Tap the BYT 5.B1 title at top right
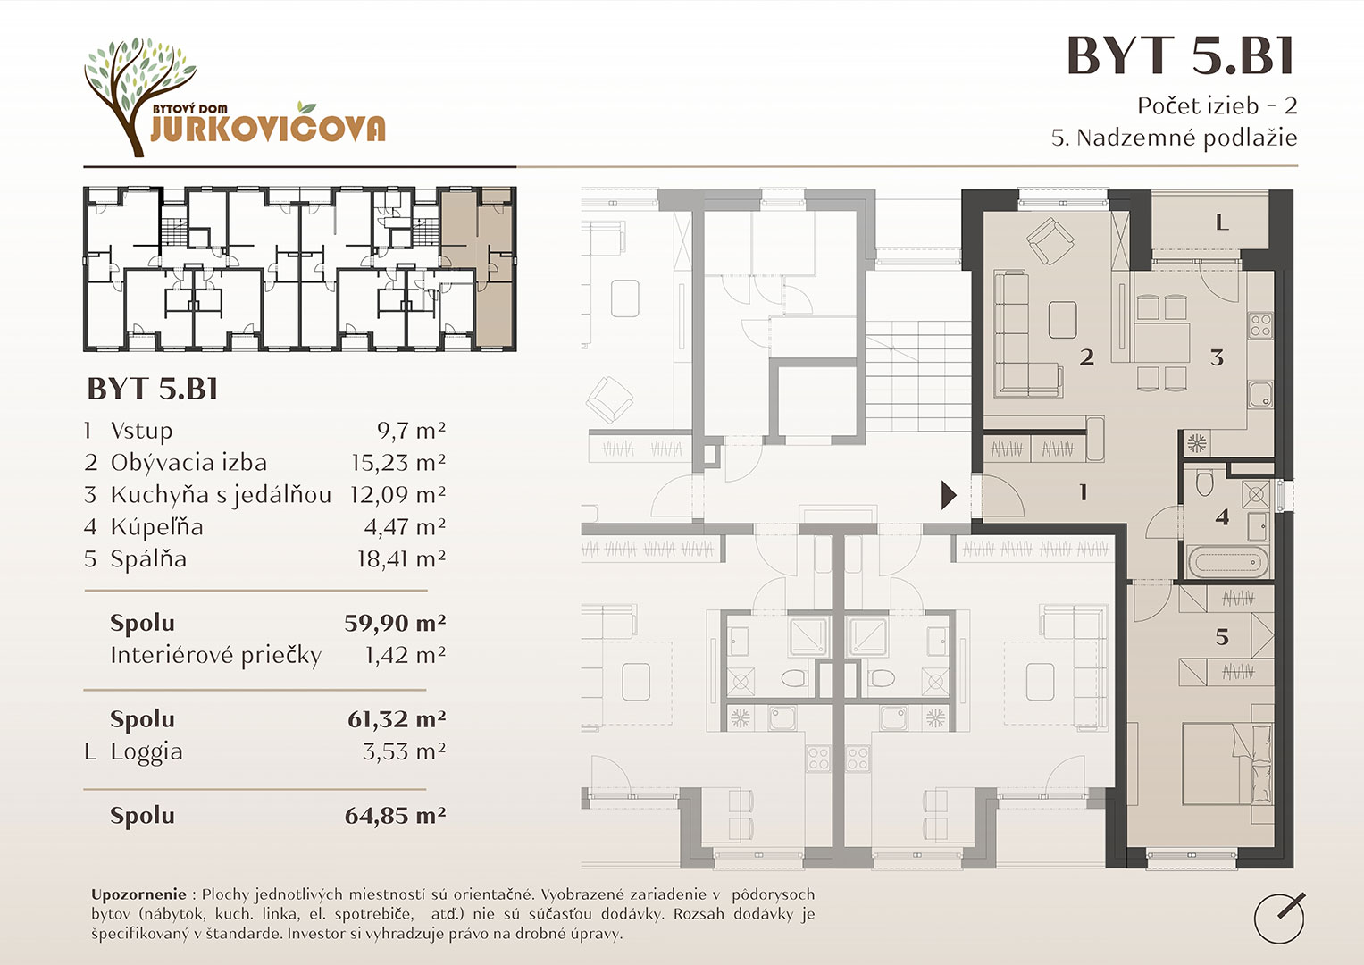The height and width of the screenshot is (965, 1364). tap(1181, 56)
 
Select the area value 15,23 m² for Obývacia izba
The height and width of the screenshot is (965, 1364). tap(398, 463)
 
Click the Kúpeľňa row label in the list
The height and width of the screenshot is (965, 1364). tap(156, 527)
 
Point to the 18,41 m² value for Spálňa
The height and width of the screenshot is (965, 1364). tap(401, 558)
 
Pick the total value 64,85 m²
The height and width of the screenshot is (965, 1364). tap(395, 815)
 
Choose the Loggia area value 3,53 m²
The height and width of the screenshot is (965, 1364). tap(405, 751)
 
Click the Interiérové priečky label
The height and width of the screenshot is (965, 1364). tap(215, 656)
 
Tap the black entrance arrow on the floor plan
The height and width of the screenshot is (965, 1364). tap(949, 495)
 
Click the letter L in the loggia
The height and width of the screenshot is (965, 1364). tap(1222, 223)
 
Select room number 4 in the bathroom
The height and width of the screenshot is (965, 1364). tap(1221, 517)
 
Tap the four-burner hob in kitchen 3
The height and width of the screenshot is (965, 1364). tap(1260, 325)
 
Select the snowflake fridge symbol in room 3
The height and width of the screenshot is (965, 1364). tap(1197, 443)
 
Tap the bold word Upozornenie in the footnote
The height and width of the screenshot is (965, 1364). tap(138, 895)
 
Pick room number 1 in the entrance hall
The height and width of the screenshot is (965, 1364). tap(1084, 491)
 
